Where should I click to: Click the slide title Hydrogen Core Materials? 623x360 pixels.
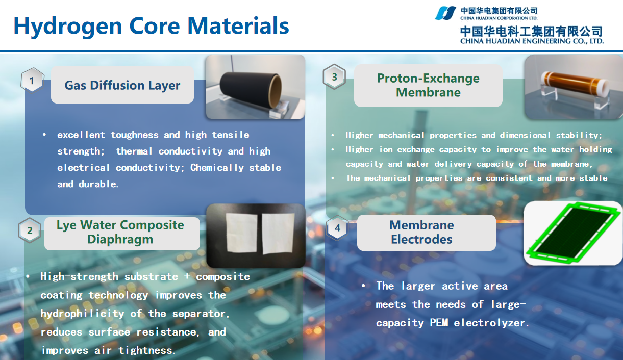pyautogui.click(x=151, y=26)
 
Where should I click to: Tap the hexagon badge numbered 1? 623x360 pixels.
pyautogui.click(x=32, y=81)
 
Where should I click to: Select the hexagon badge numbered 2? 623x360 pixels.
pyautogui.click(x=30, y=230)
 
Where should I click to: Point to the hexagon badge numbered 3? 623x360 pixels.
pyautogui.click(x=335, y=78)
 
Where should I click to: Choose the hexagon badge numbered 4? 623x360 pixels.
pyautogui.click(x=337, y=228)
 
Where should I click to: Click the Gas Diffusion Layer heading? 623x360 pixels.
pyautogui.click(x=122, y=85)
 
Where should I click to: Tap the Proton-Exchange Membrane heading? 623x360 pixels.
pyautogui.click(x=428, y=85)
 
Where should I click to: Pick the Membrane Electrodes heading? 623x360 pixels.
pyautogui.click(x=421, y=233)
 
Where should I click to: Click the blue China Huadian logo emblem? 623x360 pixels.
pyautogui.click(x=445, y=13)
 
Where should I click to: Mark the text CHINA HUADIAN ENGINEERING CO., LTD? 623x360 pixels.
pyautogui.click(x=532, y=41)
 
